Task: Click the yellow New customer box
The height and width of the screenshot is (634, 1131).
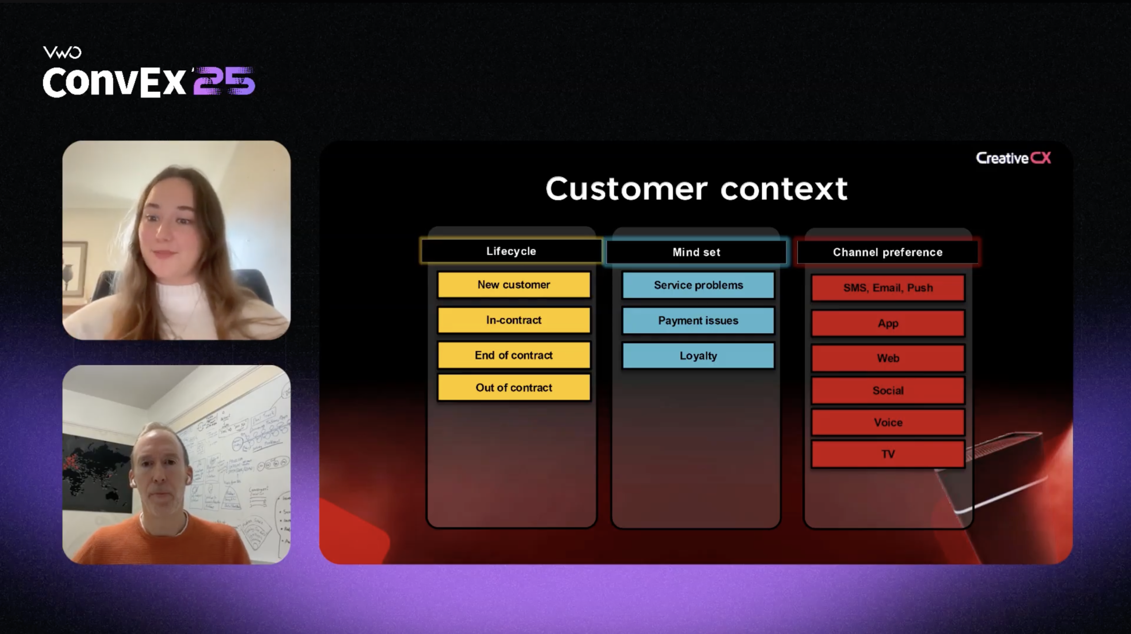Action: pos(513,285)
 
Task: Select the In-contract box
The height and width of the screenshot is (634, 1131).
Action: pos(513,320)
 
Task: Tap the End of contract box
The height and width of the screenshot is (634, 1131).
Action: pos(513,355)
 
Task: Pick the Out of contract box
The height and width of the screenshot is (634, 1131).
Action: pos(513,388)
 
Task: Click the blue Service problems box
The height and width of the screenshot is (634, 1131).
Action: pos(698,285)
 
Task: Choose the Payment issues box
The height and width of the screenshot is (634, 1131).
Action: pos(698,321)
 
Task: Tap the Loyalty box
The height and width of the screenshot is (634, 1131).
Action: pos(698,356)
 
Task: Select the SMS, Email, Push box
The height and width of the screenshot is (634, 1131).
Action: pos(888,288)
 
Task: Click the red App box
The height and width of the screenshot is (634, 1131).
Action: pos(888,323)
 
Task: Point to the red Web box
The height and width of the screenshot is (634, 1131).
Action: pos(888,358)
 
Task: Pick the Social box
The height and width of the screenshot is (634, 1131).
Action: pos(888,391)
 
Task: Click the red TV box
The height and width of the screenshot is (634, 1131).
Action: pos(888,454)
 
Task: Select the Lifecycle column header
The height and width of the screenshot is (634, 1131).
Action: pos(511,251)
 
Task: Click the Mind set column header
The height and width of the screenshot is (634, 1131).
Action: pos(696,252)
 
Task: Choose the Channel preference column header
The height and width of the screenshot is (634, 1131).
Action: pos(888,252)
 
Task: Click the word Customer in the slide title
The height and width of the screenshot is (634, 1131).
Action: pos(626,189)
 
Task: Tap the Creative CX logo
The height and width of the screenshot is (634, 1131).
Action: pos(1013,158)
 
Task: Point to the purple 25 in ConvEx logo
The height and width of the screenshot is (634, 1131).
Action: pos(224,81)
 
